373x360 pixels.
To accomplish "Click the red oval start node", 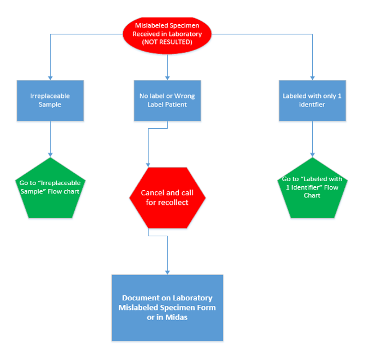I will tap(167, 34).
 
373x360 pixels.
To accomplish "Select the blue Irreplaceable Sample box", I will tap(50, 100).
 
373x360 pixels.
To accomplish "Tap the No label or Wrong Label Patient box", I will tap(167, 100).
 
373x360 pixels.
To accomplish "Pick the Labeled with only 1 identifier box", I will tap(312, 100).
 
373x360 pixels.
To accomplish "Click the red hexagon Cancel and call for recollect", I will tap(167, 198).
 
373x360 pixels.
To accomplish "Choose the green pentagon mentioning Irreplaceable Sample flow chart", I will tap(50, 189).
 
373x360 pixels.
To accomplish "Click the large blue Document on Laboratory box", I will tap(167, 308).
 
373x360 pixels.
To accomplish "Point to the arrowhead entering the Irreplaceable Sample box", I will tap(50, 77).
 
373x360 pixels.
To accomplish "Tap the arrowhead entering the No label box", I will tap(167, 77).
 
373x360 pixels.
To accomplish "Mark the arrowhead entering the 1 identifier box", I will tap(312, 77).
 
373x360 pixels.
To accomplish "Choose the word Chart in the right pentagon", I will tap(312, 195).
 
